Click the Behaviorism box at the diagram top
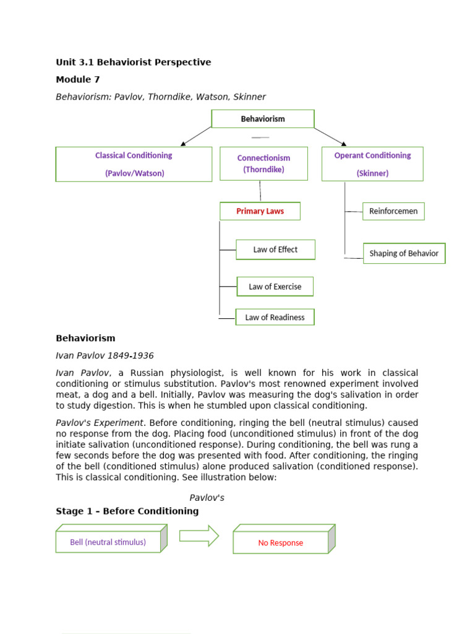(263, 119)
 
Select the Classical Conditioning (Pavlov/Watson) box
(134, 164)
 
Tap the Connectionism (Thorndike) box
(263, 163)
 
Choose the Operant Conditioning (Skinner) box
(372, 164)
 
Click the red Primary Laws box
(260, 211)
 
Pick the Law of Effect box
(275, 250)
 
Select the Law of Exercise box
(275, 287)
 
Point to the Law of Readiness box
(275, 318)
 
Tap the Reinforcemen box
(393, 211)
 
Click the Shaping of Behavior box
(404, 253)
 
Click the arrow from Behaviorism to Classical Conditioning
(196, 136)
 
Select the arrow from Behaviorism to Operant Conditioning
(330, 137)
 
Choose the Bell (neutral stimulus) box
(108, 542)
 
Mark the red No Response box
(281, 543)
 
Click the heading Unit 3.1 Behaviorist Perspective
(133, 62)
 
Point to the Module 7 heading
(77, 79)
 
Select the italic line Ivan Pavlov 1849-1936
(105, 356)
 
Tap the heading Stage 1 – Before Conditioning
(127, 511)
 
